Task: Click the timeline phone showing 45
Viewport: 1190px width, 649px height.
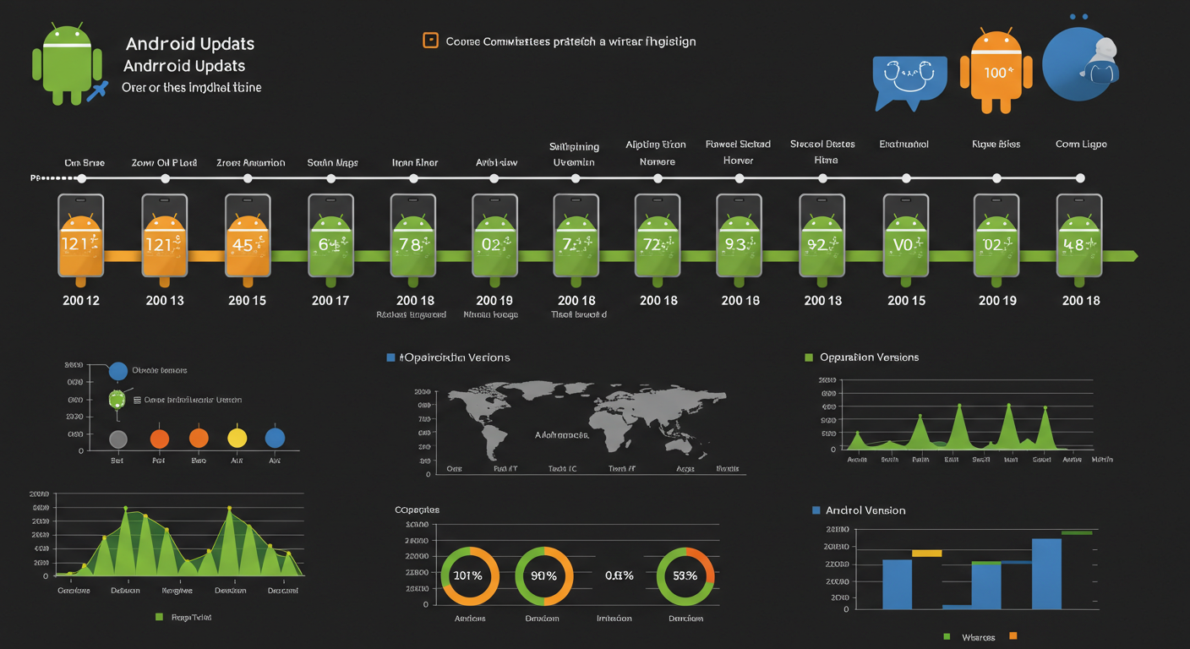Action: tap(248, 236)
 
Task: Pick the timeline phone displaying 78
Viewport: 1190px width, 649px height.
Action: tap(413, 236)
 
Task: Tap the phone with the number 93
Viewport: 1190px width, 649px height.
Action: tap(739, 236)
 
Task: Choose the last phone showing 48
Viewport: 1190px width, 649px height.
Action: tap(1079, 236)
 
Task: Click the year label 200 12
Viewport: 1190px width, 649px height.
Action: tap(81, 300)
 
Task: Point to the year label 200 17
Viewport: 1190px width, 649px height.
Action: tap(330, 300)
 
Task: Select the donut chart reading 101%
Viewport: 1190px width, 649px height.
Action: tap(469, 575)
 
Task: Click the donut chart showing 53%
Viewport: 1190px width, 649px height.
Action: tap(685, 575)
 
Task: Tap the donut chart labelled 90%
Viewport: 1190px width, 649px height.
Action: tap(544, 575)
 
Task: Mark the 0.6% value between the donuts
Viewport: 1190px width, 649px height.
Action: tap(620, 575)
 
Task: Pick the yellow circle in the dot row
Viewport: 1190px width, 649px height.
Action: tap(237, 438)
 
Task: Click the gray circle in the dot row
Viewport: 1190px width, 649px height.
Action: tap(119, 439)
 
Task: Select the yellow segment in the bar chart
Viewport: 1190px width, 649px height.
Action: tap(926, 553)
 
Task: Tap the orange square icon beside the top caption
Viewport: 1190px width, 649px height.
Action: tap(430, 41)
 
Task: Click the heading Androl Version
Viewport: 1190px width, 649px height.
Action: tap(865, 510)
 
